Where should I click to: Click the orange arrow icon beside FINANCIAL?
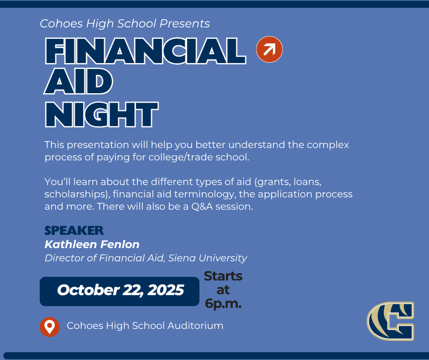[269, 49]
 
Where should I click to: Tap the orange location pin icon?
[50, 327]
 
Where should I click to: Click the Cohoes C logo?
[390, 321]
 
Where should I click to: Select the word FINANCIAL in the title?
[146, 51]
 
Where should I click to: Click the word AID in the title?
[78, 81]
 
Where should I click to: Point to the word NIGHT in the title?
[102, 115]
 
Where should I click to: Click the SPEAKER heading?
[74, 231]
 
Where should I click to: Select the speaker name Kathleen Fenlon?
[92, 244]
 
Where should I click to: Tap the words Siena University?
[208, 258]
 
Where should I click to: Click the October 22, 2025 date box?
[120, 291]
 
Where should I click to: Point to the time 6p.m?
[223, 304]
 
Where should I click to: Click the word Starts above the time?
[223, 276]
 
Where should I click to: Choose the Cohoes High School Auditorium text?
[145, 326]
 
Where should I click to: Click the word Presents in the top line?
[185, 24]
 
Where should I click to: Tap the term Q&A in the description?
[202, 206]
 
